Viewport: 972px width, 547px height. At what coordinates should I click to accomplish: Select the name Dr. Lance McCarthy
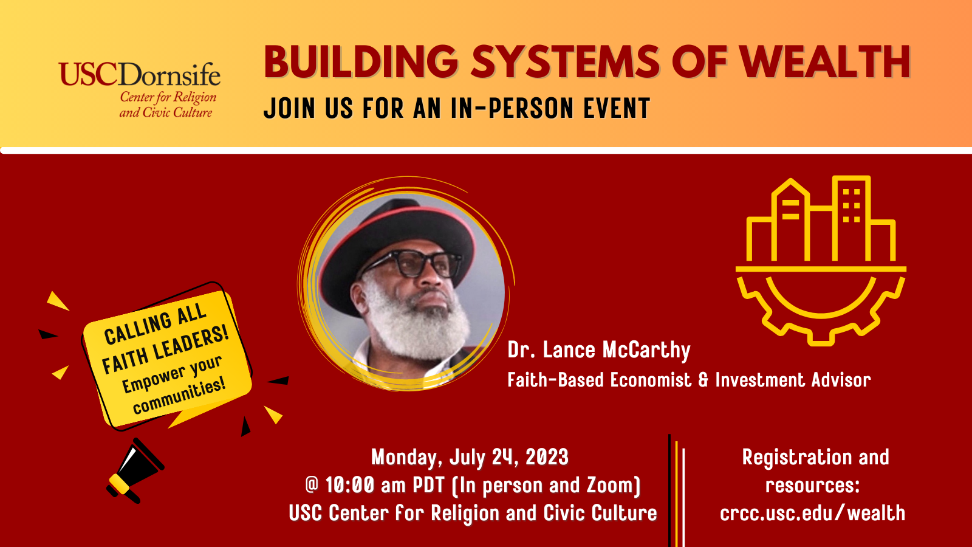[x=599, y=350]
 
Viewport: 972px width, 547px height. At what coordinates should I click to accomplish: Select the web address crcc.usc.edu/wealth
[x=813, y=513]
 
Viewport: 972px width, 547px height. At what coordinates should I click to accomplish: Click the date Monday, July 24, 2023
[x=470, y=458]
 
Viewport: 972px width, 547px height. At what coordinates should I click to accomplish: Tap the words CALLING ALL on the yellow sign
[x=155, y=323]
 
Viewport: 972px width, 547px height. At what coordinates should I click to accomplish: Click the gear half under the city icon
[x=821, y=306]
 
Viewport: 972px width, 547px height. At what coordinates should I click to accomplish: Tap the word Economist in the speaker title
[x=651, y=380]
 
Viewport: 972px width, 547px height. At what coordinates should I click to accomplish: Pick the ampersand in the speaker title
[x=703, y=380]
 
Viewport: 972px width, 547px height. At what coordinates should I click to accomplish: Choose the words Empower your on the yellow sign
[x=172, y=374]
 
